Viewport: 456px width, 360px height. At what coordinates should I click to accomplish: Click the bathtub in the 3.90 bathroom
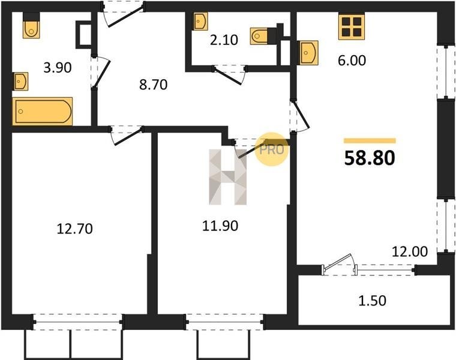click(43, 112)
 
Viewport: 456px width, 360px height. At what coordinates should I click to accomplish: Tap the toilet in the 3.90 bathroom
click(31, 25)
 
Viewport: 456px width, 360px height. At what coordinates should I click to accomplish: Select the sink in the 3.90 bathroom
click(20, 81)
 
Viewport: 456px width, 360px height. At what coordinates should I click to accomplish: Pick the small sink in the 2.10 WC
click(200, 21)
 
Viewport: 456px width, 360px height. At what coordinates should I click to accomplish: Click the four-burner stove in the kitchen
click(352, 27)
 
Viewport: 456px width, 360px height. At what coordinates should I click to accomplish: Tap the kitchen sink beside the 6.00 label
click(309, 53)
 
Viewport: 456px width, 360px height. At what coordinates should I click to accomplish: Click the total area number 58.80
click(370, 158)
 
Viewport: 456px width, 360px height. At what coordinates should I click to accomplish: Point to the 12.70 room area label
click(75, 229)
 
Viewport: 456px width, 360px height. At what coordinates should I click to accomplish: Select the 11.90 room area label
click(220, 226)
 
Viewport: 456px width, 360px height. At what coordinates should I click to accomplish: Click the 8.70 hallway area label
click(153, 85)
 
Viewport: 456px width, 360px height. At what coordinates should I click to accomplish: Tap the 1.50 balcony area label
click(372, 301)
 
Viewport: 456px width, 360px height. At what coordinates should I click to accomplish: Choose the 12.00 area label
click(410, 251)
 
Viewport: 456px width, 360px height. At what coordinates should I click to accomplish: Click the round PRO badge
click(271, 149)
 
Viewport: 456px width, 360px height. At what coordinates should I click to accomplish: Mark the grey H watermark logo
click(228, 177)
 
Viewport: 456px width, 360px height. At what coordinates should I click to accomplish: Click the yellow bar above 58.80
click(370, 141)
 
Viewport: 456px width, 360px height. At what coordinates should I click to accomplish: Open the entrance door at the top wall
click(123, 14)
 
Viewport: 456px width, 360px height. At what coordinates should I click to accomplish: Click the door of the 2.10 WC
click(230, 75)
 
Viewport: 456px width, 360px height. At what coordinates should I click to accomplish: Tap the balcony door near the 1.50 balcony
click(339, 265)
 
